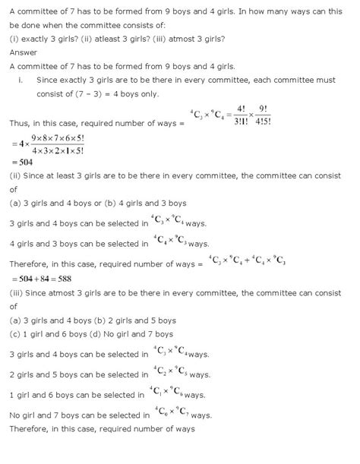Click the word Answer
coord(23,52)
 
